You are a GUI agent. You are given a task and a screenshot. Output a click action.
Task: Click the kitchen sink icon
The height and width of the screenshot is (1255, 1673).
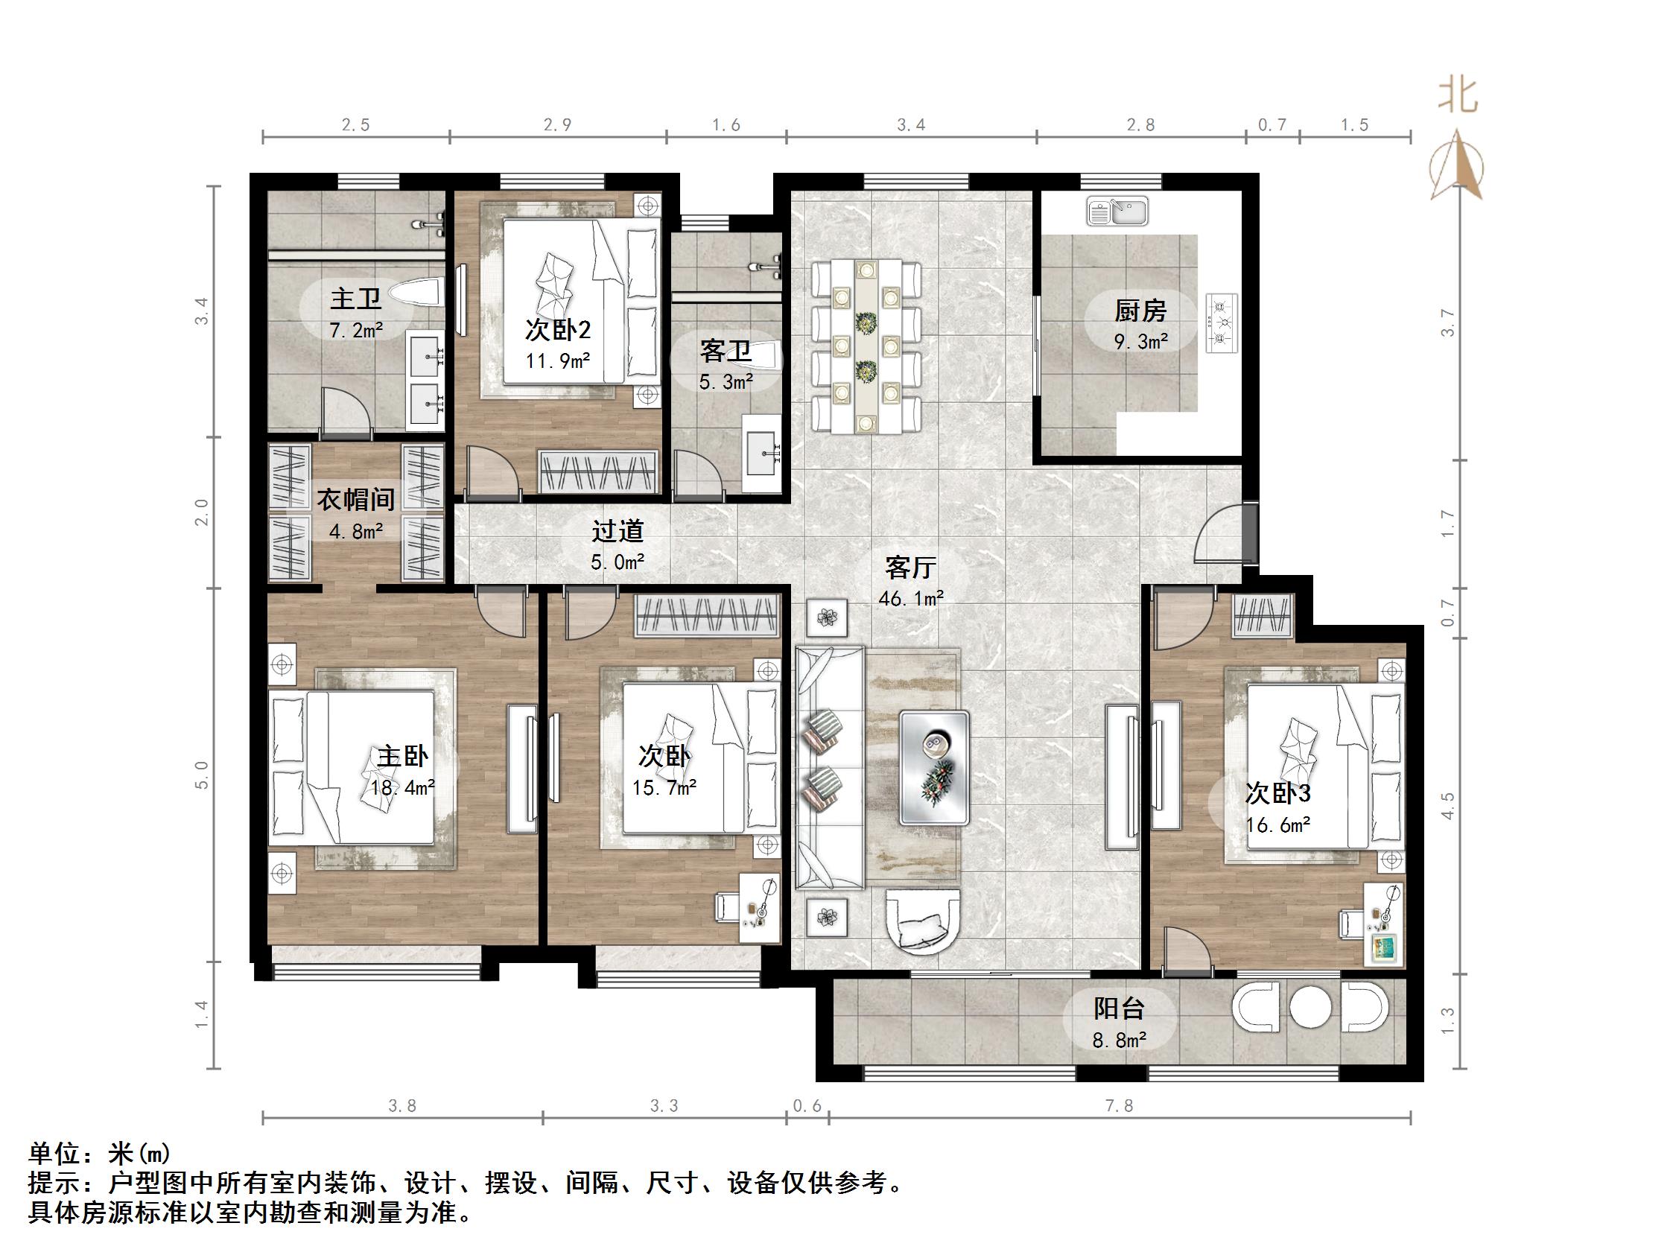pos(1117,211)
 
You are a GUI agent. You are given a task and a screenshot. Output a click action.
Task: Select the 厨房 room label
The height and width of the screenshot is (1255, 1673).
pos(1140,311)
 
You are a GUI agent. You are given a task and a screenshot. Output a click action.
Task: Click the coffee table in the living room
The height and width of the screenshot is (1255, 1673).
pos(934,767)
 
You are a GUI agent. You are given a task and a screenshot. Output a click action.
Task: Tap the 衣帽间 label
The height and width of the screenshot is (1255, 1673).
pos(355,499)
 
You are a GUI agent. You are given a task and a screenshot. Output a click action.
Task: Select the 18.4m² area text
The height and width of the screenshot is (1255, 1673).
pos(402,787)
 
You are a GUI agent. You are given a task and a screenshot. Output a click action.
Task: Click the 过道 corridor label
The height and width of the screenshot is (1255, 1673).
pos(618,531)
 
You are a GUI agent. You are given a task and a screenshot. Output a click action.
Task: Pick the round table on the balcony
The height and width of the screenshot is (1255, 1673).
pos(1309,1007)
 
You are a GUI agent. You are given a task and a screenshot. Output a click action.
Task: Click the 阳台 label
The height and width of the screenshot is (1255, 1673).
pos(1120,1008)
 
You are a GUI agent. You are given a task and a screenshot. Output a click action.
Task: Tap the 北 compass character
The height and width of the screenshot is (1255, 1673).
pos(1458,97)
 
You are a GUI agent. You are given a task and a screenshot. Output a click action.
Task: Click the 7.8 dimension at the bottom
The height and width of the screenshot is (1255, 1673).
pos(1119,1106)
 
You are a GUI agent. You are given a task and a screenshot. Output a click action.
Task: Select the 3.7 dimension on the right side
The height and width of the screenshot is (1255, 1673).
pos(1447,323)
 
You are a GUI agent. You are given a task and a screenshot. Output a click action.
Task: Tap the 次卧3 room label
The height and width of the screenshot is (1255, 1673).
pos(1277,792)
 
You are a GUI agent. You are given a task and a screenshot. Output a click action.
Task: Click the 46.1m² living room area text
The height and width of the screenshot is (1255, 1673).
pos(911,598)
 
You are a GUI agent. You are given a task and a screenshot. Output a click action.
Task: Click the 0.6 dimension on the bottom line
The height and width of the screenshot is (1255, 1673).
pos(806,1106)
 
